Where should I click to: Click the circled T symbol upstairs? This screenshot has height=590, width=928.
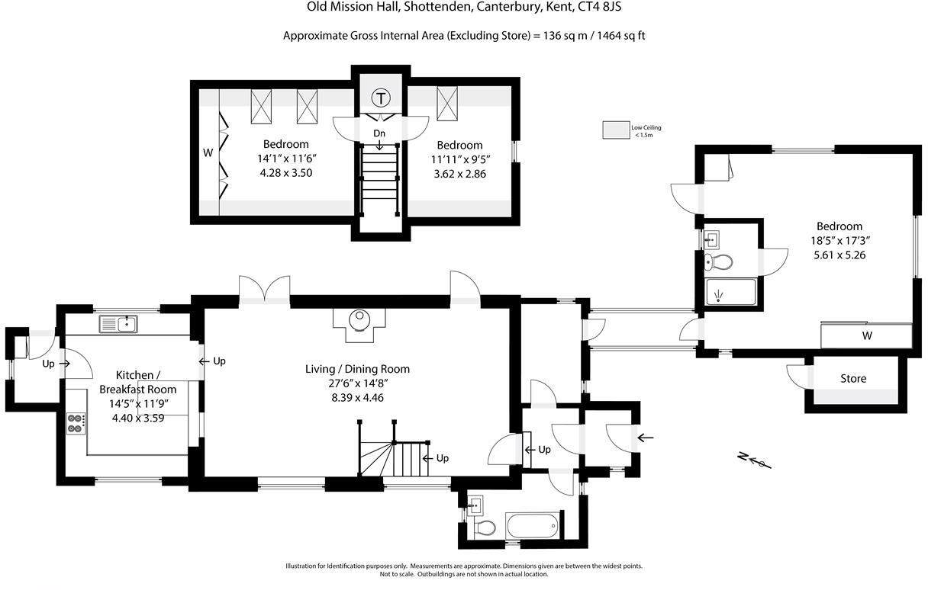(x=380, y=98)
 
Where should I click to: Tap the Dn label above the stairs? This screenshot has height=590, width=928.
(x=379, y=133)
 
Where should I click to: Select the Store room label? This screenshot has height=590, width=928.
(x=853, y=378)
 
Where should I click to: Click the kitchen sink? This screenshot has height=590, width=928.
(x=118, y=325)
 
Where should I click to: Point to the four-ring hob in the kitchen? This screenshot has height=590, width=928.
(x=76, y=422)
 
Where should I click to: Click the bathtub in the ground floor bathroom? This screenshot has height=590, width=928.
(x=532, y=525)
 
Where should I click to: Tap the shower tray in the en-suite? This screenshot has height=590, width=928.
(x=730, y=292)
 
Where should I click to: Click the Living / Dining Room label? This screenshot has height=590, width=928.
(x=357, y=369)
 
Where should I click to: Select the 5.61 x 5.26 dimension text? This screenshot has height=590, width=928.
(x=839, y=255)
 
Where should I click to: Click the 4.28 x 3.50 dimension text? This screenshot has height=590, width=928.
(x=286, y=173)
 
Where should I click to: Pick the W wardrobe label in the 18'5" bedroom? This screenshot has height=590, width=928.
(x=867, y=335)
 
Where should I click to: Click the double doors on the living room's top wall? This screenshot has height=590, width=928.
(x=264, y=290)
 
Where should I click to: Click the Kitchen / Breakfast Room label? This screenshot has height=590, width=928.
(x=138, y=382)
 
